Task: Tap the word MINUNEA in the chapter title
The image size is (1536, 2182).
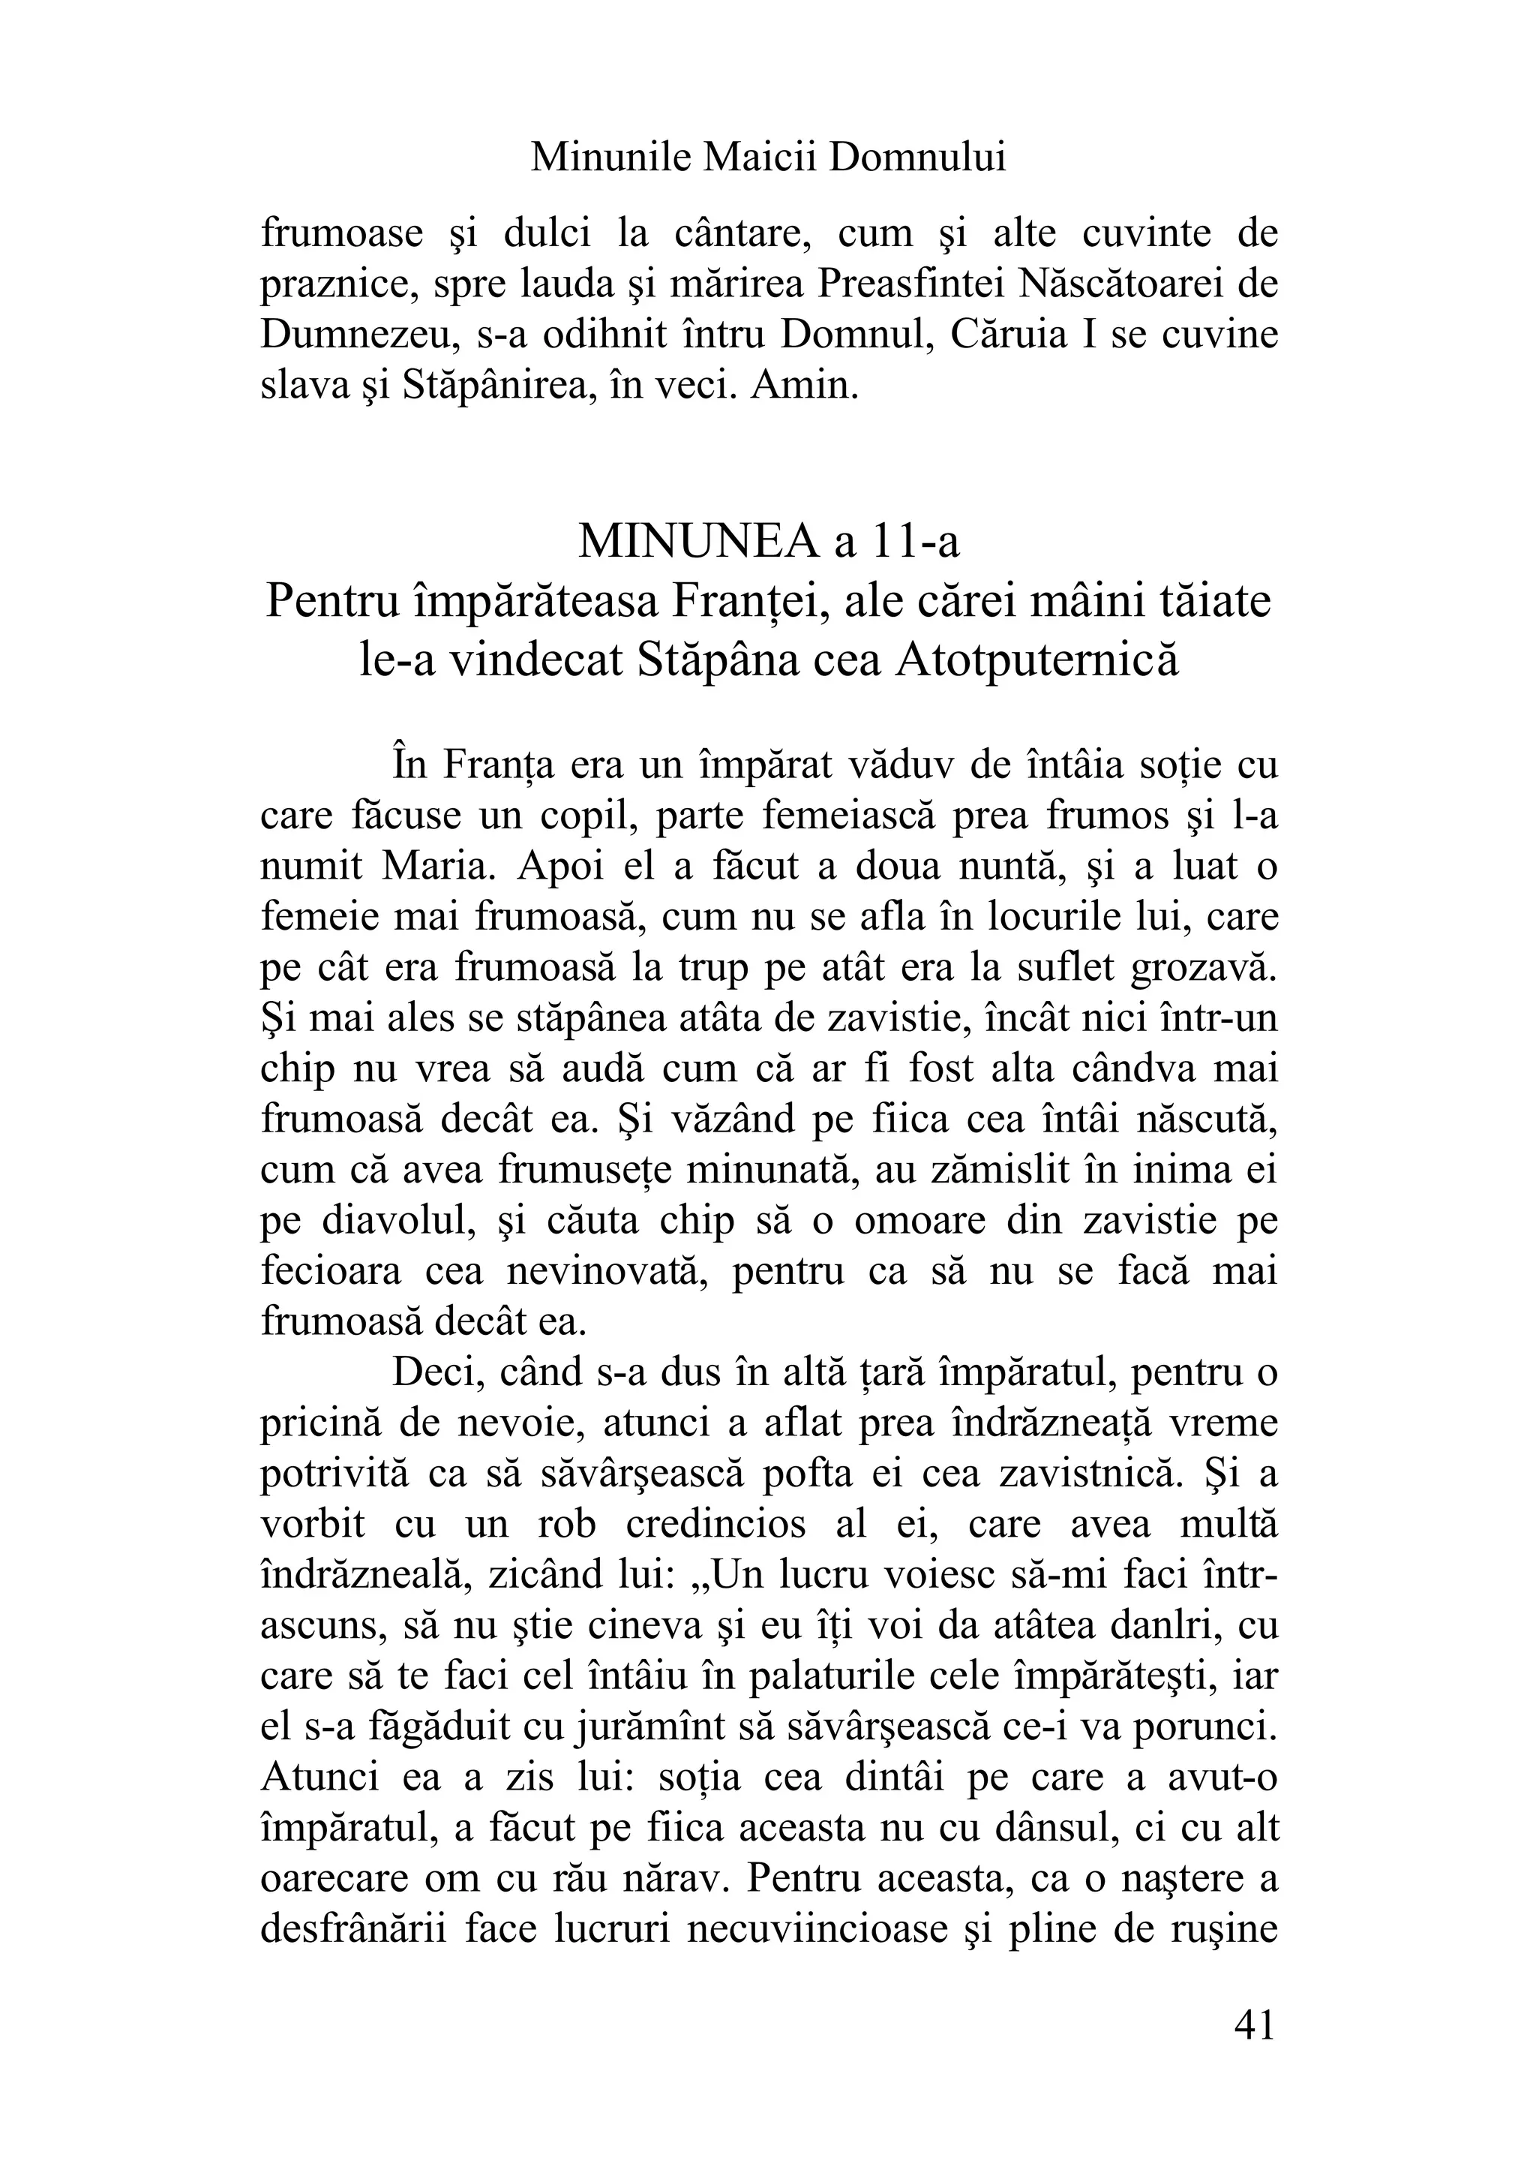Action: point(700,542)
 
